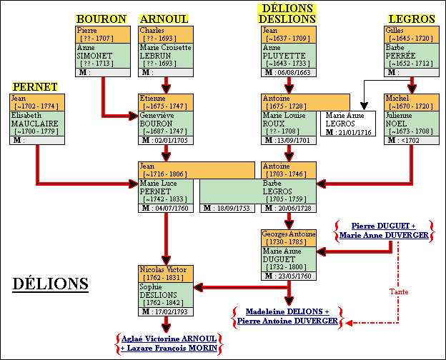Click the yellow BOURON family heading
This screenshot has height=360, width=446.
coord(101,19)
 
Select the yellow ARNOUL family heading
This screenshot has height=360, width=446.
coord(164,19)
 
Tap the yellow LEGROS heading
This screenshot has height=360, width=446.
coord(411,19)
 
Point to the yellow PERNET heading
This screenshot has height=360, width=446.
coord(34,86)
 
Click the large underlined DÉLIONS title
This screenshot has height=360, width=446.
coord(50,284)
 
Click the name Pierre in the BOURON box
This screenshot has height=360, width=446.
coord(86,30)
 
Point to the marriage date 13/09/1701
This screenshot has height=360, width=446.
coord(293,140)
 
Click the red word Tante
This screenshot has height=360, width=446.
coord(399,291)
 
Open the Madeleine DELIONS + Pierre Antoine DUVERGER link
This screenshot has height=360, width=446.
coord(288,316)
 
